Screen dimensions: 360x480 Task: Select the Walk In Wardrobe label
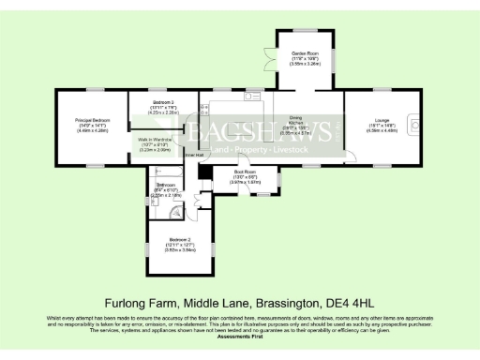163,143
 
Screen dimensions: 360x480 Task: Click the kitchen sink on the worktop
251,96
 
